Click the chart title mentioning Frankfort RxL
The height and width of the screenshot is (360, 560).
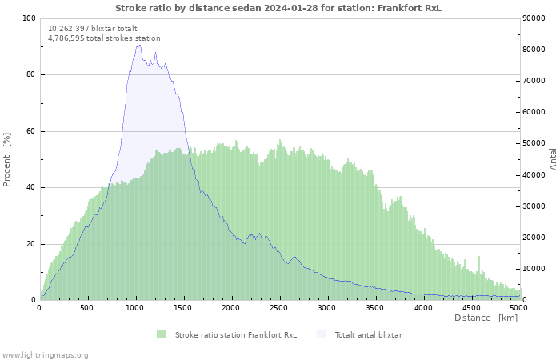[x=278, y=8]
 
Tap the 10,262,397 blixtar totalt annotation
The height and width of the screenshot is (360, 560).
[x=93, y=28]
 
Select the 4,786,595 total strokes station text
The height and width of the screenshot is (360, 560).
[x=104, y=38]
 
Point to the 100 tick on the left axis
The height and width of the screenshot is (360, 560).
[x=29, y=18]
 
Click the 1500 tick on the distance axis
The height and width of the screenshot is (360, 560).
[x=183, y=307]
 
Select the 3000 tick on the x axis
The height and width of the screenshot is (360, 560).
[x=326, y=307]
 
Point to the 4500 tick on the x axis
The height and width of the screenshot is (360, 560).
[x=470, y=307]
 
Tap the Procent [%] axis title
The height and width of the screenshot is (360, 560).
[x=7, y=159]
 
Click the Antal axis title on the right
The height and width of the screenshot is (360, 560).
[x=553, y=158]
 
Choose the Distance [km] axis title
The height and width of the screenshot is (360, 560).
[x=486, y=318]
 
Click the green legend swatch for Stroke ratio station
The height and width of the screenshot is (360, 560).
[x=161, y=334]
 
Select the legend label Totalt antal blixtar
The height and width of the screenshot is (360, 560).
[x=368, y=334]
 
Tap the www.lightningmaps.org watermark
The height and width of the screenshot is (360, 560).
[x=45, y=354]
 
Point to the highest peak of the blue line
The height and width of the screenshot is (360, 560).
[x=138, y=45]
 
